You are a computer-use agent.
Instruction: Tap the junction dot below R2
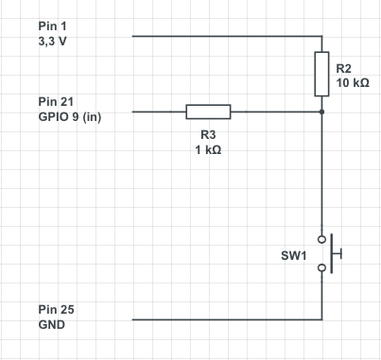[321, 111]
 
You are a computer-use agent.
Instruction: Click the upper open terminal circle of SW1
[321, 239]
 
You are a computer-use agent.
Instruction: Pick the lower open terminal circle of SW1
[321, 267]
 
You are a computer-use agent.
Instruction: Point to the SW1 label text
[293, 255]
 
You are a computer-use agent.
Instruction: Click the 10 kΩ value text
[353, 83]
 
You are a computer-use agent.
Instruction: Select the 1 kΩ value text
[208, 150]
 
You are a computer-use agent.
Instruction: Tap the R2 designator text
[343, 68]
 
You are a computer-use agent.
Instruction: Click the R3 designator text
[208, 135]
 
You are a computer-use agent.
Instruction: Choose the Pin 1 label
[53, 26]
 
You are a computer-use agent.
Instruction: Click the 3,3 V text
[52, 42]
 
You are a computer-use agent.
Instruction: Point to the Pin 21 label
[56, 102]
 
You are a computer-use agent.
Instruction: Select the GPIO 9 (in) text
[70, 117]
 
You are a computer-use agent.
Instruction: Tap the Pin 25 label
[56, 310]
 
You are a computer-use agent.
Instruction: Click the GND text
[52, 325]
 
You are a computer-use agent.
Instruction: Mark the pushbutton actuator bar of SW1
[332, 253]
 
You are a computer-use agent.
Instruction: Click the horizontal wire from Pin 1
[227, 36]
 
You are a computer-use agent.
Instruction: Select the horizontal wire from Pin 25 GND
[227, 319]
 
